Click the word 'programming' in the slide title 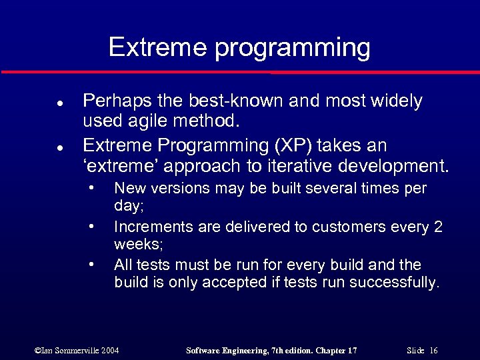[x=293, y=48]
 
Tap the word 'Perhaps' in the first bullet [x=111, y=101]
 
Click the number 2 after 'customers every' [x=438, y=227]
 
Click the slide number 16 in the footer [x=433, y=350]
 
